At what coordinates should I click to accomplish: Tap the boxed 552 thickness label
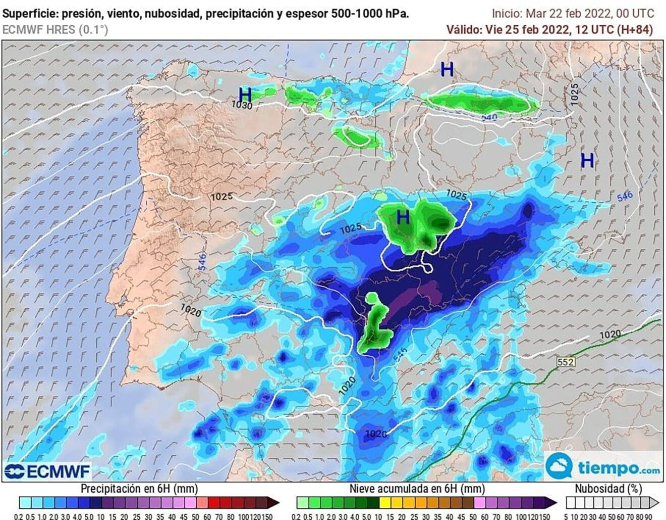click(x=566, y=362)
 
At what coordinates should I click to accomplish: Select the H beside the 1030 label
click(x=245, y=94)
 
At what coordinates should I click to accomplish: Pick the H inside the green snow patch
click(x=403, y=217)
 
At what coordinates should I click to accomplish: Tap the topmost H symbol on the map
click(x=447, y=69)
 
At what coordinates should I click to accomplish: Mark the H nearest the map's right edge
click(x=587, y=160)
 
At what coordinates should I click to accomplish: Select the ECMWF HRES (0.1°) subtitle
click(x=55, y=30)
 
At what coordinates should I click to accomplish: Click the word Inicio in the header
click(x=507, y=14)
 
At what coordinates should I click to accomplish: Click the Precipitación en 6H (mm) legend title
click(x=139, y=489)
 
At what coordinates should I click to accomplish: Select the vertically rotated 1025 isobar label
click(x=575, y=94)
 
